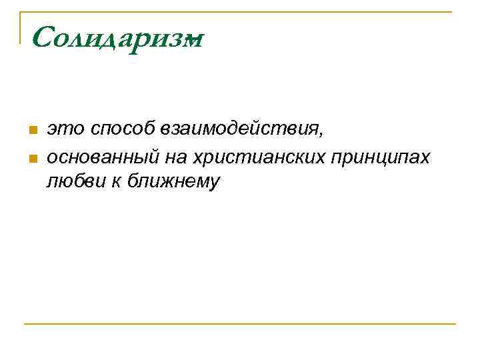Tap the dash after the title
(x=195, y=41)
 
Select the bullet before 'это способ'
(x=30, y=129)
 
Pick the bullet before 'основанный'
(x=30, y=158)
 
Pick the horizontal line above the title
(x=240, y=12)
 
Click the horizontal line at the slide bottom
(x=240, y=325)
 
